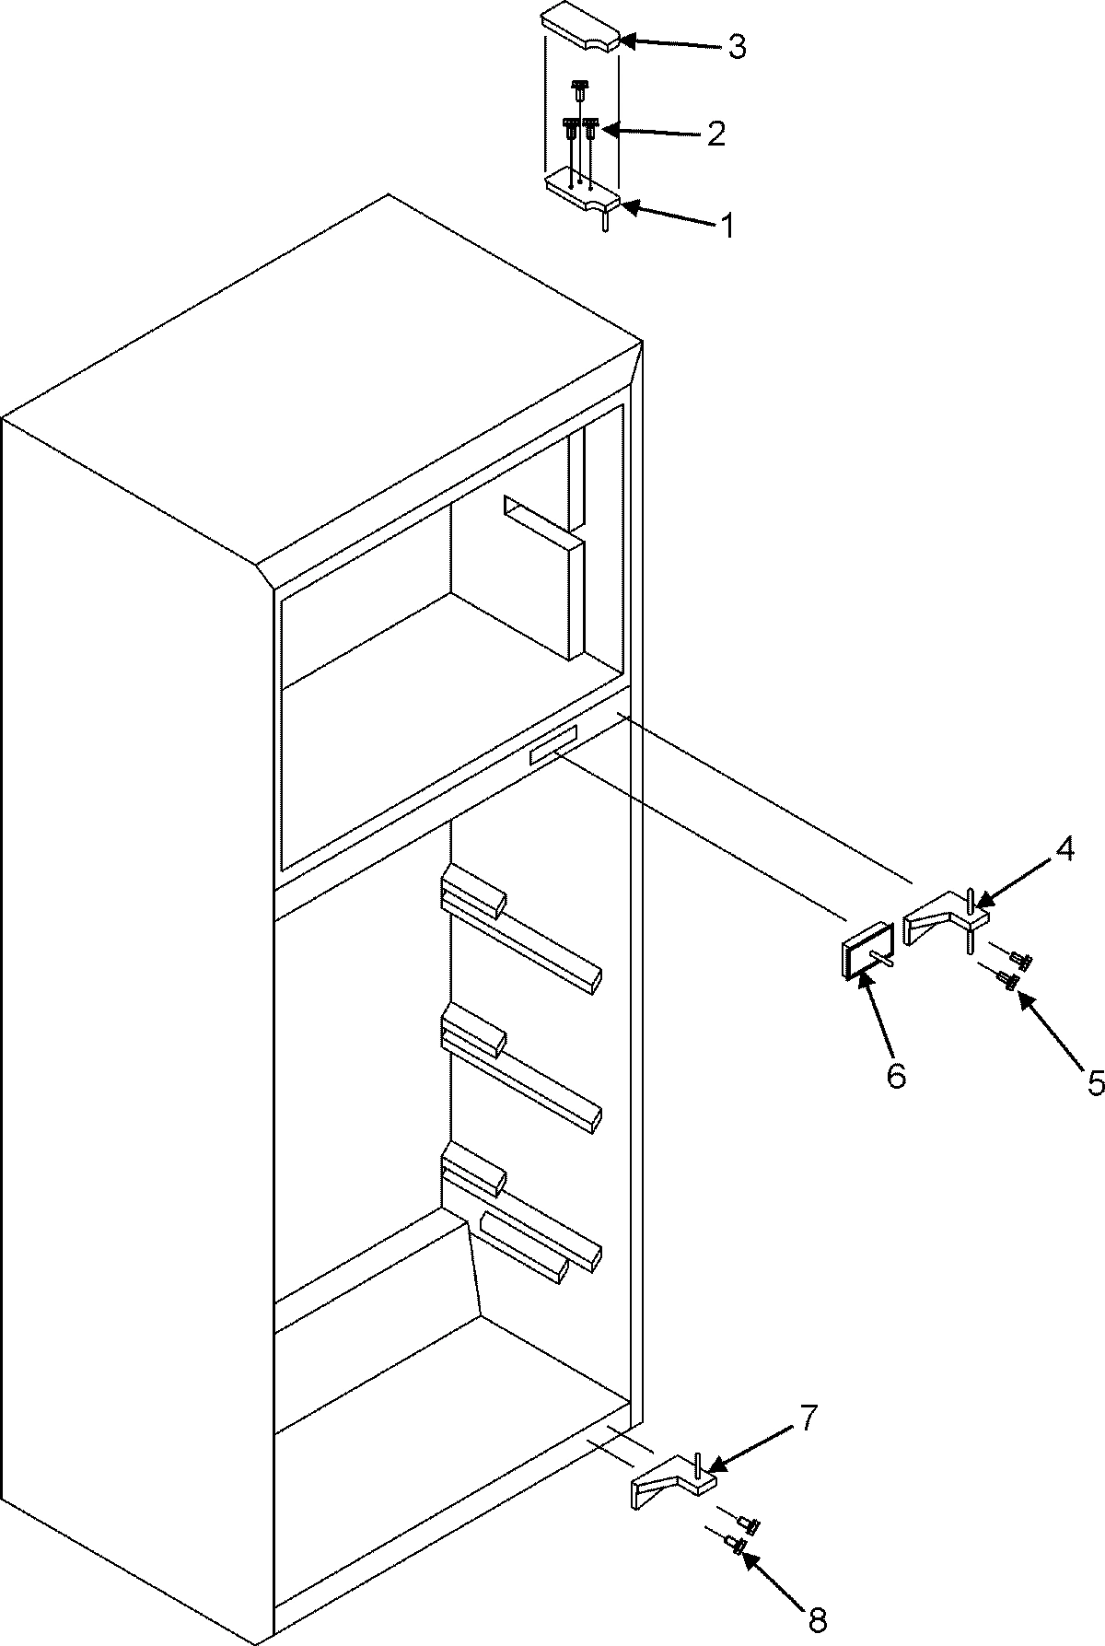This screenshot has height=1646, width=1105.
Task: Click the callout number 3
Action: tap(736, 48)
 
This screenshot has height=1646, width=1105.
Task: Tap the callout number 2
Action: tap(715, 134)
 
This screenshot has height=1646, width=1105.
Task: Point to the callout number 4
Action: tap(1064, 850)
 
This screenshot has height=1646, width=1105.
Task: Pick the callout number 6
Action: tap(896, 1074)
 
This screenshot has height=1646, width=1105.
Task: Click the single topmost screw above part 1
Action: tap(579, 88)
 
